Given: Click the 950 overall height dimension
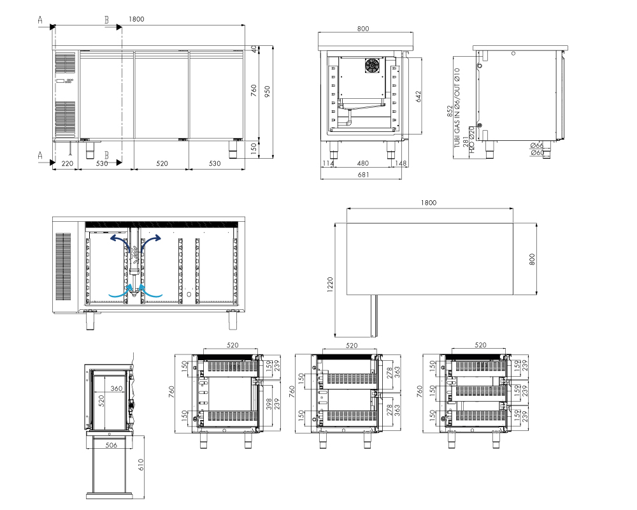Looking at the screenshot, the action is tap(267, 92).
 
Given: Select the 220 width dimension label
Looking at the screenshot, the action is tap(67, 163).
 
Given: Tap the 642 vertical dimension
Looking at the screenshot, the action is tap(419, 96).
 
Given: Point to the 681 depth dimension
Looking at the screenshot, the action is tap(363, 175).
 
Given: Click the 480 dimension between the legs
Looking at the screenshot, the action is tap(363, 163).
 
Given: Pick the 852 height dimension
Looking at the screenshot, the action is tap(450, 112).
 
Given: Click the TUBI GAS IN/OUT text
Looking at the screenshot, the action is tap(457, 108).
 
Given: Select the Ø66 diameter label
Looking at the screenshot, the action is tap(536, 145).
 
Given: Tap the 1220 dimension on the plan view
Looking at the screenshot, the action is tap(330, 284).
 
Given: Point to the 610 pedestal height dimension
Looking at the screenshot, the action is tap(141, 465).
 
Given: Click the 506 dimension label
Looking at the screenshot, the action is tap(111, 445).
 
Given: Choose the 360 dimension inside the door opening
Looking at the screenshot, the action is tap(116, 388).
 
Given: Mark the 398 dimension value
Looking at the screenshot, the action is tap(269, 404).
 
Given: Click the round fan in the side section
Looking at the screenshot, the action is tap(372, 66).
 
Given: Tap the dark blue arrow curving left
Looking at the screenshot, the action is tap(120, 243).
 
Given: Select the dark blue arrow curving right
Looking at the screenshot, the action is tap(151, 243).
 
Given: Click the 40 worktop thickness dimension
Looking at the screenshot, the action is tap(254, 49).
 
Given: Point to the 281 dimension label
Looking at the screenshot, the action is tap(466, 142).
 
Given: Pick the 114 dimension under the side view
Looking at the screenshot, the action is tap(328, 163).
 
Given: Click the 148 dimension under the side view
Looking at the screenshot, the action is tap(401, 163).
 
